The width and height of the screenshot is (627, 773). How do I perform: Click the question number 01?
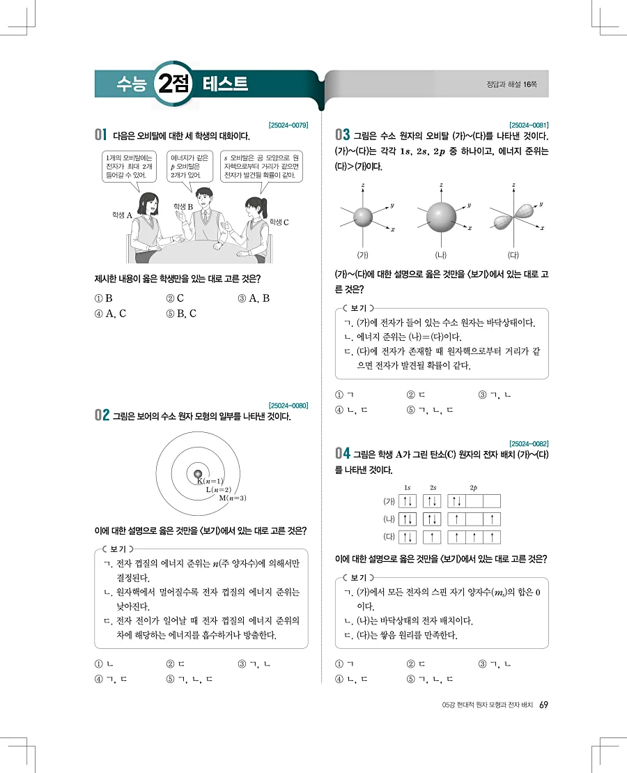[100, 134]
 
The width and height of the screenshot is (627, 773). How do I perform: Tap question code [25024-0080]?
[288, 405]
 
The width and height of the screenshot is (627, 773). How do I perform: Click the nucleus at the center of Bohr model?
[198, 473]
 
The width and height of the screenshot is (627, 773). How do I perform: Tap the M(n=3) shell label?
[233, 498]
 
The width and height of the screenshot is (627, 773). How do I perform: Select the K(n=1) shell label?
[210, 481]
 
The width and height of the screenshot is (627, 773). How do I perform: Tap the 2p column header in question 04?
[474, 487]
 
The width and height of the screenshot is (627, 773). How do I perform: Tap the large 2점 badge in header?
[172, 84]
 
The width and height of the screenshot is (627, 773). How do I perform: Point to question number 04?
[343, 454]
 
